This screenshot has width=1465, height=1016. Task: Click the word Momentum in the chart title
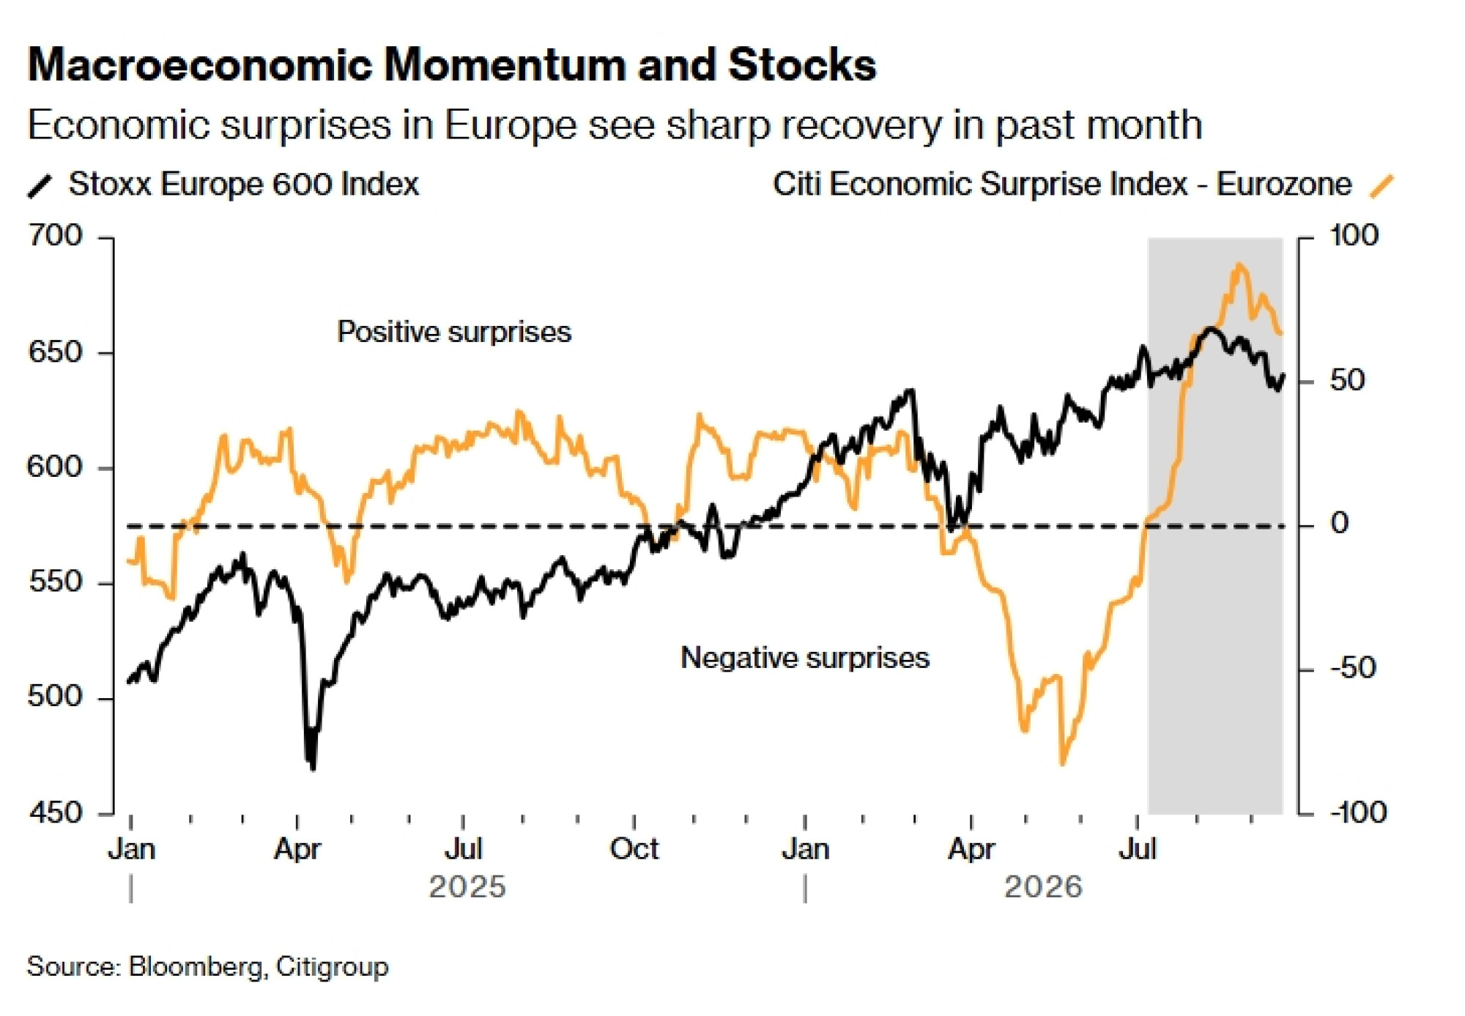[505, 64]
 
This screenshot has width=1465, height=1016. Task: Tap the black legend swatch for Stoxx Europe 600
[40, 186]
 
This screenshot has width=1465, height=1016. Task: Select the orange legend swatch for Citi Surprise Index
[1382, 186]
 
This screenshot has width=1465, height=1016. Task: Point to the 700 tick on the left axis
[55, 236]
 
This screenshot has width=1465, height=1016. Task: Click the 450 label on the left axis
[55, 812]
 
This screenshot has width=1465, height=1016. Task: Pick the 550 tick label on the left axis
[55, 582]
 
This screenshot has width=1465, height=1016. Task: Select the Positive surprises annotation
[454, 332]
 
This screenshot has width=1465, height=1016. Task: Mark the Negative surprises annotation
[805, 657]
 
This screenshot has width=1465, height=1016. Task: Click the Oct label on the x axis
[634, 850]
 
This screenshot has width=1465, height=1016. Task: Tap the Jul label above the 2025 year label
[464, 850]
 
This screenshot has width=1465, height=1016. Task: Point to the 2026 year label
[1043, 887]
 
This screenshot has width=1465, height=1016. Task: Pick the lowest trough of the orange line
[1062, 764]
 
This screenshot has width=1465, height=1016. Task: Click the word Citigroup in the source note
[333, 967]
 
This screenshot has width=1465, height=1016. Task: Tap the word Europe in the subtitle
[511, 125]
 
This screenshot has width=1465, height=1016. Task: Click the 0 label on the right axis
[1339, 524]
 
